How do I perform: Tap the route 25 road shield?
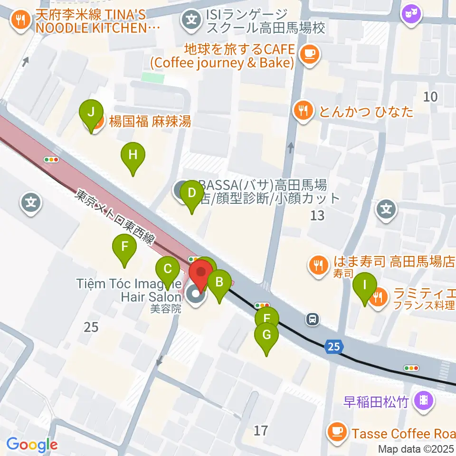click(x=334, y=347)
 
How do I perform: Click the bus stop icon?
click(x=313, y=319)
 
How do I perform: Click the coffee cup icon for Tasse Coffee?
click(x=338, y=431)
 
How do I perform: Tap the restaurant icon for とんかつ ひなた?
click(x=303, y=111)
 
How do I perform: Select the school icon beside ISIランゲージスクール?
click(x=190, y=20)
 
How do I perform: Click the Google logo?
click(x=32, y=445)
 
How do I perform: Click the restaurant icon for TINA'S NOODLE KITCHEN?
click(x=20, y=19)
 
